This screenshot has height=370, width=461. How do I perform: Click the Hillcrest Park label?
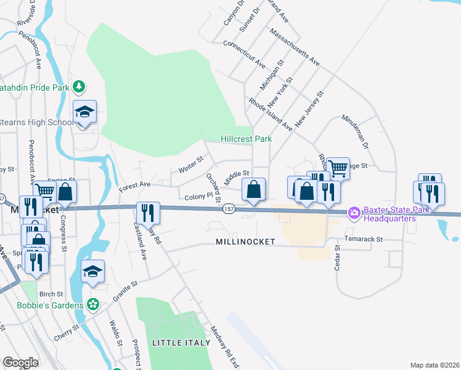pos(247,139)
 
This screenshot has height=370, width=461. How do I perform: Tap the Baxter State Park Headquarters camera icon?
pos(354,213)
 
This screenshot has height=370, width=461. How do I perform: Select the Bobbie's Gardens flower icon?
pos(93,304)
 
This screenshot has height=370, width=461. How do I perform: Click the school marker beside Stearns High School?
pos(85,112)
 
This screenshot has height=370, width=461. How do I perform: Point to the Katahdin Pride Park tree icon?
pos(78,86)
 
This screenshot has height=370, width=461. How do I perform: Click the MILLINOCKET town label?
pos(245,242)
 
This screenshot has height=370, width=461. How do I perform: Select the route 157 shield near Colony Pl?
pos(228,210)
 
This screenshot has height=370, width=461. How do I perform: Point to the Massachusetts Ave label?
pos(295,47)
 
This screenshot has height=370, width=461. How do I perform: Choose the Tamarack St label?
pos(364,239)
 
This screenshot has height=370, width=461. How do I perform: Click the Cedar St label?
pos(337,258)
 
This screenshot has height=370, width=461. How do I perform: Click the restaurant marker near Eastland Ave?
pos(148,213)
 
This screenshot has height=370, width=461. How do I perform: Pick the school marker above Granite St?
pos(92,272)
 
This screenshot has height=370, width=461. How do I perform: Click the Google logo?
pos(20,363)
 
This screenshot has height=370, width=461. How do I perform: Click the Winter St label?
pos(190,164)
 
